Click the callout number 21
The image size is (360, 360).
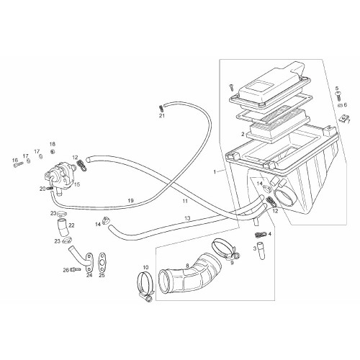coord(161,116)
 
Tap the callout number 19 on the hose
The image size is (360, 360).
coord(130,200)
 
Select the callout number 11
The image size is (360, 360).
coord(185,201)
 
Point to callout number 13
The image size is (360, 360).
coord(187,218)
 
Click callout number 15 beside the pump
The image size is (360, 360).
coord(77,184)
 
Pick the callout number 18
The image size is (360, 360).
coord(53,144)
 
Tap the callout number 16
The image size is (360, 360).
coord(15,160)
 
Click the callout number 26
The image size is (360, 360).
coord(66,270)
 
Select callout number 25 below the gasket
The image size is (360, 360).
coord(102,275)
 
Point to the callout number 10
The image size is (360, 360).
coord(145,267)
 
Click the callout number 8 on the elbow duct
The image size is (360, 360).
coord(188,266)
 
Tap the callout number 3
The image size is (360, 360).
coord(255,248)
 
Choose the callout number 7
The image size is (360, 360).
coord(348,122)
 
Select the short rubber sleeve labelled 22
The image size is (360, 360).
coord(63,228)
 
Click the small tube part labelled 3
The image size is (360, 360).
coord(261,251)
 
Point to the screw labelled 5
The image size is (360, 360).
coord(337,96)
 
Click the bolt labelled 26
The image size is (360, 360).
coord(75,270)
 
